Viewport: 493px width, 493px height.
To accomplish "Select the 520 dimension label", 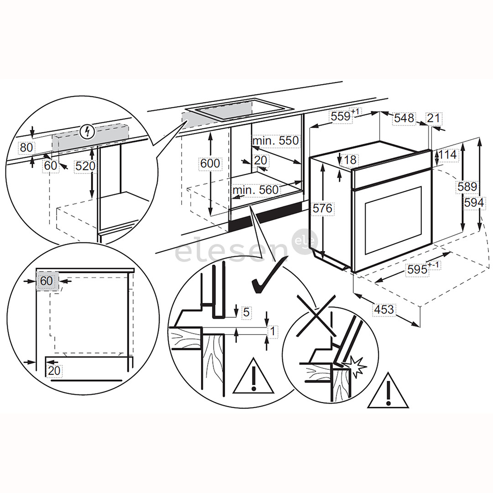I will coord(86,167).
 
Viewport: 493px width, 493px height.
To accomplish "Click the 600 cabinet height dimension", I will coord(210,163).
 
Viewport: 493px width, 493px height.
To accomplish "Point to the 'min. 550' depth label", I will coord(276,141).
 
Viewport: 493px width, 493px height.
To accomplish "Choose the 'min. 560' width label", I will coord(255,189).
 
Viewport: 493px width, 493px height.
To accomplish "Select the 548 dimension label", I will coord(404,118).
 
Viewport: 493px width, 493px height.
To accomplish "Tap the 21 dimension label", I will coord(434,118).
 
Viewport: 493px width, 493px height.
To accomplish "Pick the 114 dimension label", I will coord(447,155).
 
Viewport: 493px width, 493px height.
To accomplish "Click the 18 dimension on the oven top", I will coord(351,159).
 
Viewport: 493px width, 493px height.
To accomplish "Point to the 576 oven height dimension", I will coord(323,208).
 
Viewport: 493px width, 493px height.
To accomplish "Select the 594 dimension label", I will coord(473,202).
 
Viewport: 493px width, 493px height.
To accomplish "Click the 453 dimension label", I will coord(384,309).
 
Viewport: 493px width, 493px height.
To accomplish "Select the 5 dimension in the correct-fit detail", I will coord(246,312).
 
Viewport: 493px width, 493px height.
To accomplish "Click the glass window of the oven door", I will coord(393,220).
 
